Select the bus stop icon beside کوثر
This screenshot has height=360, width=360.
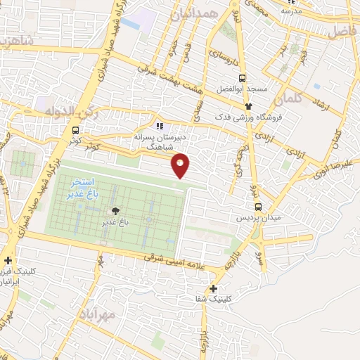tap(75, 130)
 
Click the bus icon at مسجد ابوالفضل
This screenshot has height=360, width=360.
tap(243, 79)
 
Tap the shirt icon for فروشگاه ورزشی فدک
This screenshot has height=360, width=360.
tap(247, 107)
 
